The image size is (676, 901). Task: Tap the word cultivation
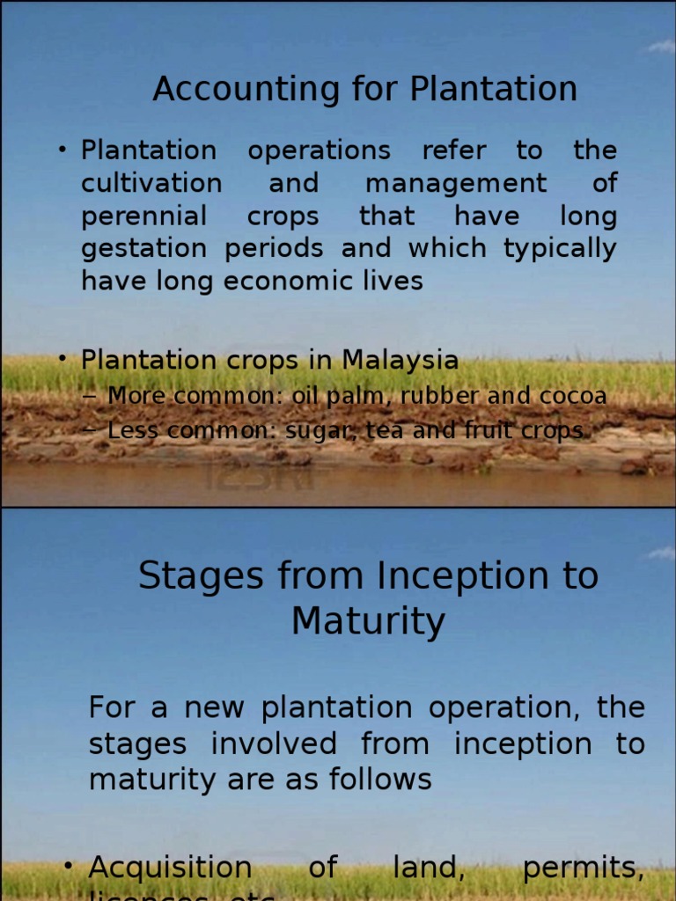click(151, 184)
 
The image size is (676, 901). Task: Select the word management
click(455, 184)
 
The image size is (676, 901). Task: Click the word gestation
click(147, 249)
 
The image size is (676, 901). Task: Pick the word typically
click(560, 249)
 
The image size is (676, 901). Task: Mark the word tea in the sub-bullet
click(356, 430)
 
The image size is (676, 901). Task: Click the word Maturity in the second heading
click(368, 621)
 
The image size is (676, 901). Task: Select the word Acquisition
click(170, 868)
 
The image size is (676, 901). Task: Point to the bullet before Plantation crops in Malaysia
click(63, 359)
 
